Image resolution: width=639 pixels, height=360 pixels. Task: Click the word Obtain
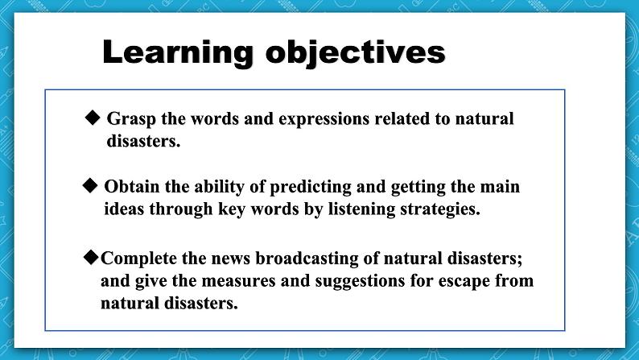(x=133, y=188)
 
